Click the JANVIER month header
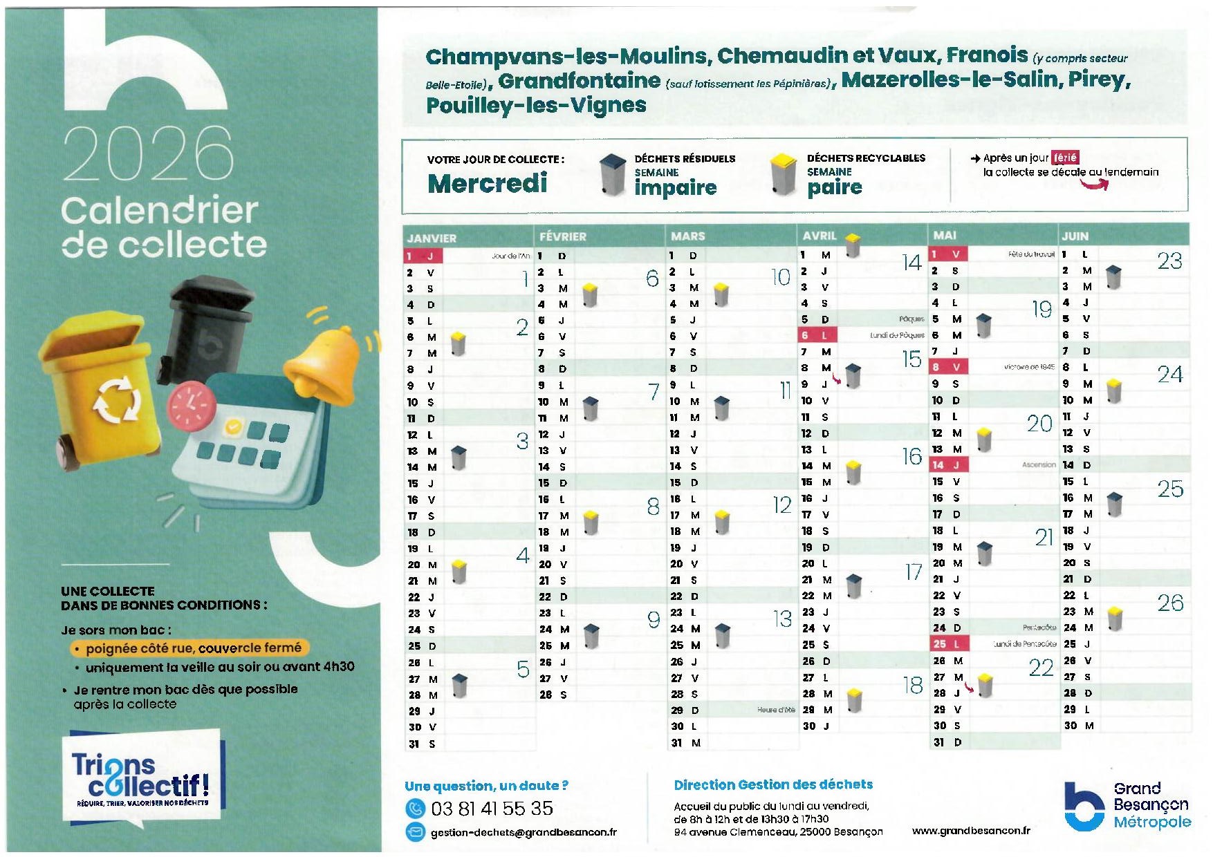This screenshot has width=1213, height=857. [x=432, y=238]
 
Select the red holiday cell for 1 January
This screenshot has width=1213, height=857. [x=423, y=256]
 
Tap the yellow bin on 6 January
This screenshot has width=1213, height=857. [x=458, y=343]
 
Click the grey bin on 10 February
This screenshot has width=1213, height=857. [x=590, y=408]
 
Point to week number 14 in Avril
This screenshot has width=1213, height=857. [x=911, y=263]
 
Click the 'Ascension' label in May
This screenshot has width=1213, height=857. [x=1038, y=465]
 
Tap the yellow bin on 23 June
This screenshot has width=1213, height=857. [x=1114, y=619]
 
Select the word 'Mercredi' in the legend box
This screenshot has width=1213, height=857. [x=488, y=184]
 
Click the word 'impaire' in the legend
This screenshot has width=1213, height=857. [x=675, y=187]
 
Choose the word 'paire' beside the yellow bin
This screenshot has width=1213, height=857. [x=834, y=187]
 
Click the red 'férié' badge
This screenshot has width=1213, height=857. [x=1064, y=158]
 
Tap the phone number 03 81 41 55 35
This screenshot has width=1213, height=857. [x=492, y=808]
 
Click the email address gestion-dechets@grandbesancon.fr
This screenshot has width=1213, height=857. [x=524, y=832]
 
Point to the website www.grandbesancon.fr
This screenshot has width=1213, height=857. [x=970, y=831]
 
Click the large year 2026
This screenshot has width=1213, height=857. [x=148, y=153]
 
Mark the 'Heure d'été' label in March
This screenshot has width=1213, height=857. [x=775, y=710]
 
